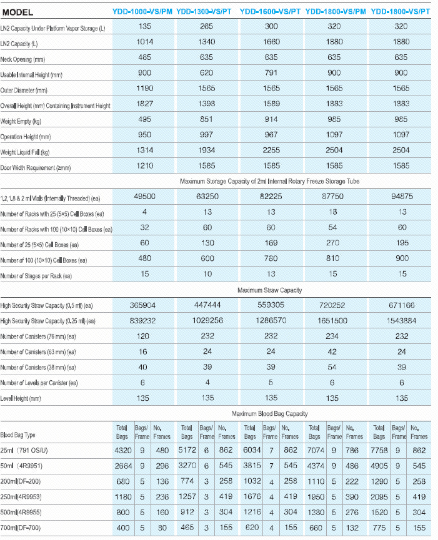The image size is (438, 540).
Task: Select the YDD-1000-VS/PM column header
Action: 142,12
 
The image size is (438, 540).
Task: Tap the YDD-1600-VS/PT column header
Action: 271,12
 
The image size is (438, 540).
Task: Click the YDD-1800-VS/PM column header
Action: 336,12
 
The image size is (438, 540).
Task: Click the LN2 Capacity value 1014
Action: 145,42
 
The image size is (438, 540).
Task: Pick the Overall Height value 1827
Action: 145,104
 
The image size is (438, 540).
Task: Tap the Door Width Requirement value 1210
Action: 145,165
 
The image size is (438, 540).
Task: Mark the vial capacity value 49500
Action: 145,196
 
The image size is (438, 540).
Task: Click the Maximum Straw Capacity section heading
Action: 269,290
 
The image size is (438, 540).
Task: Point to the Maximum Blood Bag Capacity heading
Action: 269,413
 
